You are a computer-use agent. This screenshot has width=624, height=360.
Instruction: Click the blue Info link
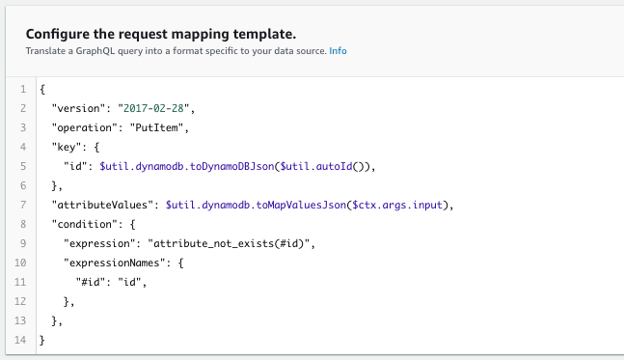point(338,50)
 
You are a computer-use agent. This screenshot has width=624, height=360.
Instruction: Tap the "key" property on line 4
point(68,147)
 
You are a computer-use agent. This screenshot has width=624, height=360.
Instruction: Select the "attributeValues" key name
point(104,205)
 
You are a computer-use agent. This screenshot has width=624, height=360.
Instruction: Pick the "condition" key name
point(87,224)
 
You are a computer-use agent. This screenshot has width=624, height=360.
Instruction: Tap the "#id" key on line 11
point(92,282)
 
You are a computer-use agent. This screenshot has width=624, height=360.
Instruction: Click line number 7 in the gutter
point(21,205)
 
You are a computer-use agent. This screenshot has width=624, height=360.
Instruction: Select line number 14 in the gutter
point(18,340)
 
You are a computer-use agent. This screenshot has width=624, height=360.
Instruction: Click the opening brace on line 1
point(43,89)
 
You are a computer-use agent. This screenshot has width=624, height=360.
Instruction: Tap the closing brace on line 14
point(43,340)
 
